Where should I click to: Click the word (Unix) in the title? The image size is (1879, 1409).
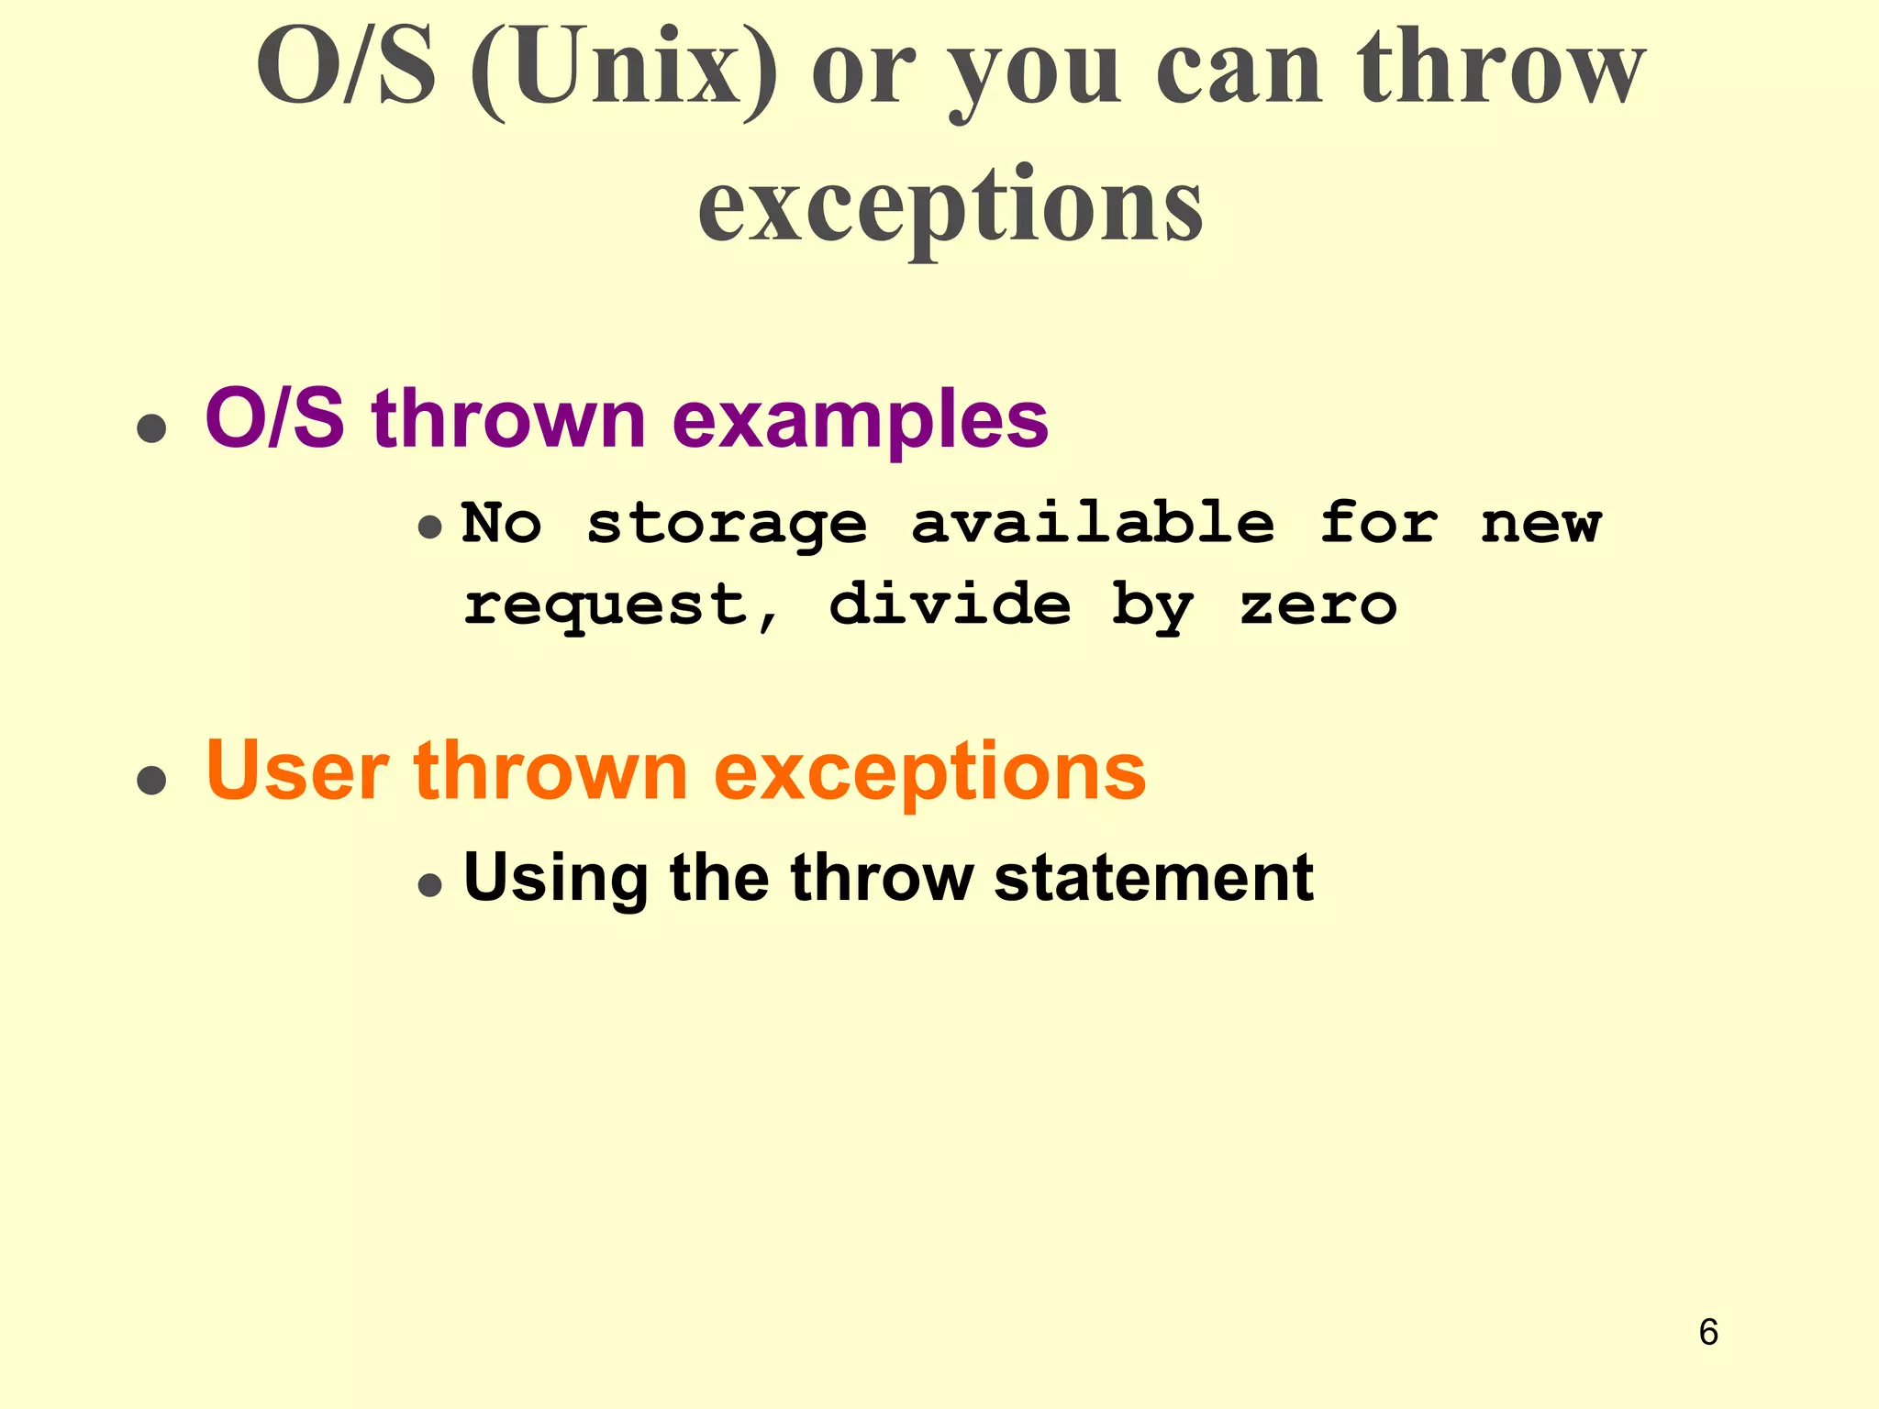click(x=624, y=69)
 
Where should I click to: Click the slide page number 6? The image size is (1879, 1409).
click(x=1707, y=1332)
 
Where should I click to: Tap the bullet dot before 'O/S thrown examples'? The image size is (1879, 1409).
click(x=151, y=427)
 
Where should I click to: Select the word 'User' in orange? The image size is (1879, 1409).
click(x=296, y=771)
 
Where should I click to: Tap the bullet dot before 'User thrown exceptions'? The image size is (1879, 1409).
click(x=151, y=780)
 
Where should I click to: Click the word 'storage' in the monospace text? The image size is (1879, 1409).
click(x=727, y=525)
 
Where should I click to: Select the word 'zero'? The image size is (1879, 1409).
click(x=1318, y=605)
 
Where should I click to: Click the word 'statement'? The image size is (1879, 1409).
click(x=1153, y=877)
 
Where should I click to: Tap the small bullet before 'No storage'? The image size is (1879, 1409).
click(x=429, y=527)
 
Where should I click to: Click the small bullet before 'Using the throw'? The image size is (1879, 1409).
click(x=429, y=885)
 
